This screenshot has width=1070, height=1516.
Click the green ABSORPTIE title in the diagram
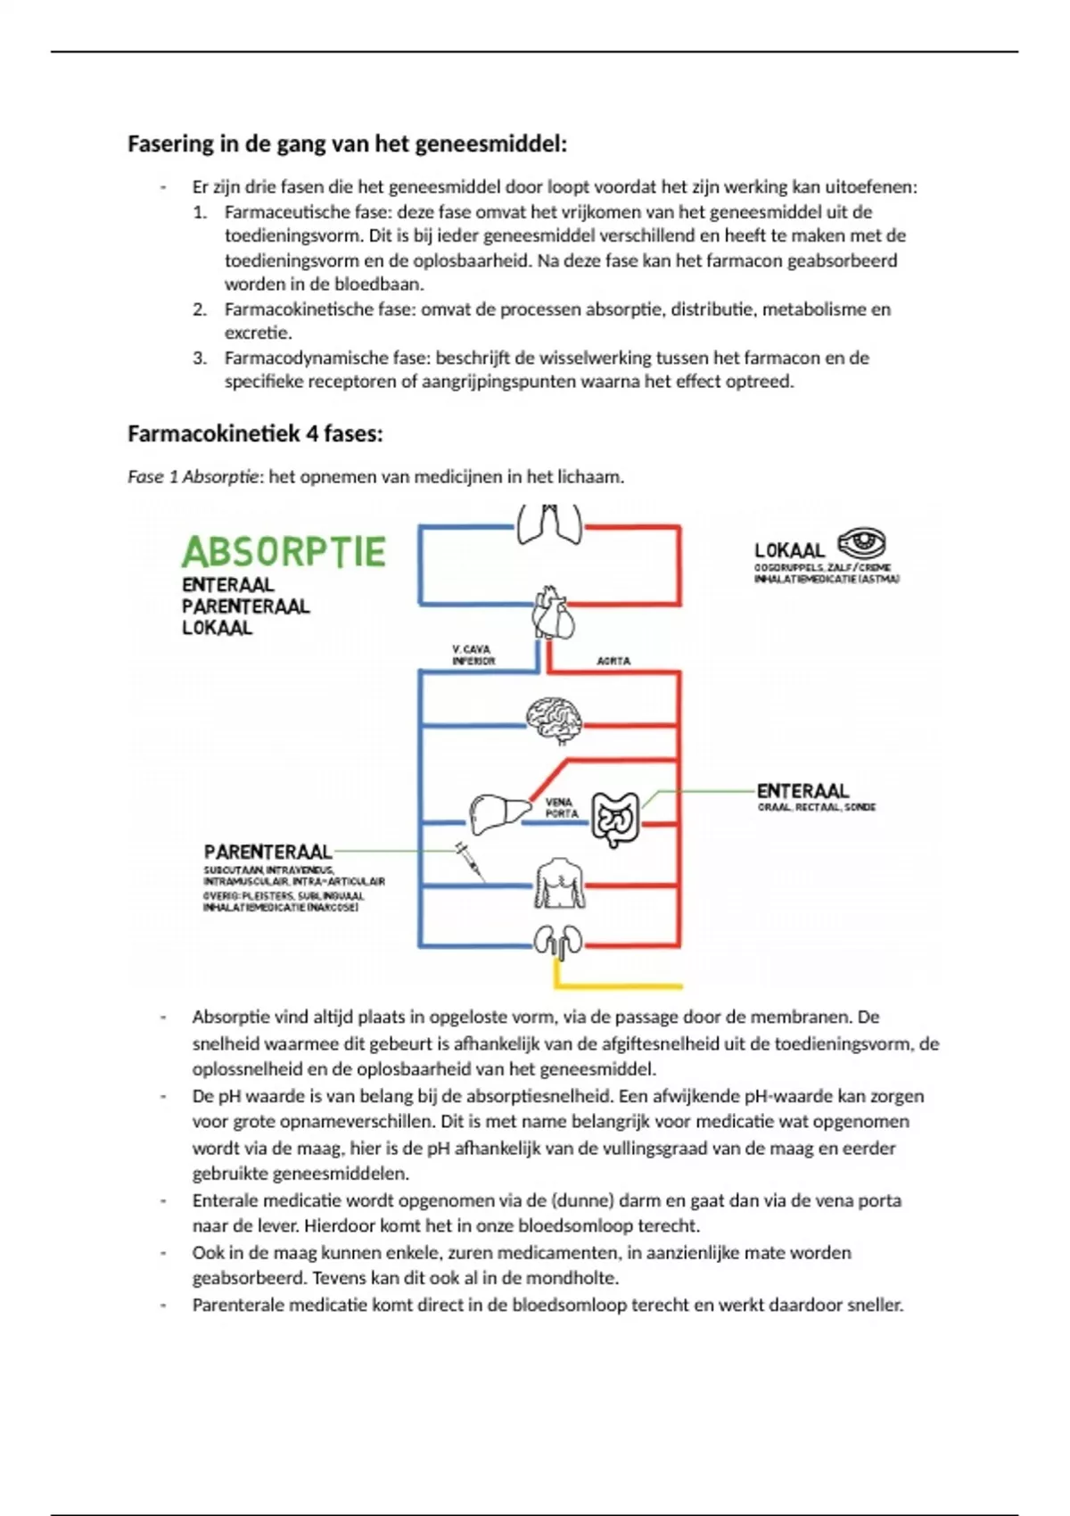point(284,552)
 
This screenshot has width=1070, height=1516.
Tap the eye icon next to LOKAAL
point(861,542)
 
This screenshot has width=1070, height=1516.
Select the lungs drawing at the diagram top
point(549,523)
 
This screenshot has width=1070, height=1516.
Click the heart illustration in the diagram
point(553,613)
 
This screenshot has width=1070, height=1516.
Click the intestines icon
point(615,819)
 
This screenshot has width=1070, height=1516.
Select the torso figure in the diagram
point(559,884)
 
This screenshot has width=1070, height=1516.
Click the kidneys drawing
point(558,942)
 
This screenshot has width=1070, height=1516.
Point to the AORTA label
point(613,661)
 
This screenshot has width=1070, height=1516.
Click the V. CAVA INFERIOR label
point(473,655)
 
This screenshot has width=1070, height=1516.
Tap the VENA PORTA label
point(561,808)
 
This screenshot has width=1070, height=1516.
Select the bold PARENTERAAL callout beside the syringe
point(267,853)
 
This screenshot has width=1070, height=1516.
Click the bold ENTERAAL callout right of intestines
point(802,791)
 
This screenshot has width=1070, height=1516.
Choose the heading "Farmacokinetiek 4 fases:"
point(255,434)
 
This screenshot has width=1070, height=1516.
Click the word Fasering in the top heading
point(170,144)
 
